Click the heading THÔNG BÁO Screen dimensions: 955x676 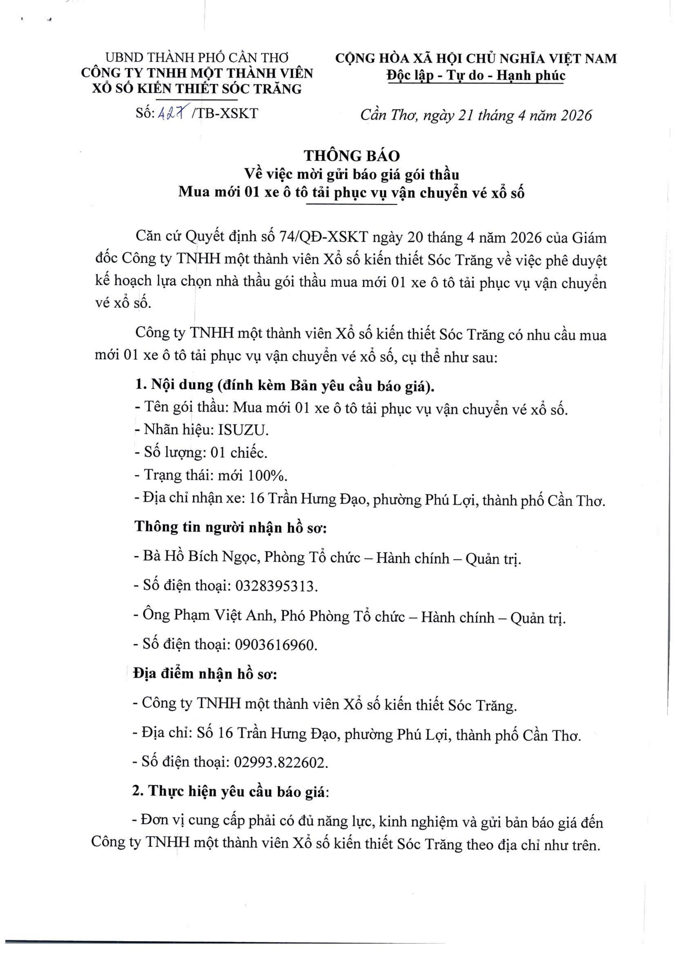tap(352, 156)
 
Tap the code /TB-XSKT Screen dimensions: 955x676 tap(225, 114)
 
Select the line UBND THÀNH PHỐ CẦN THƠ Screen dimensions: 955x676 tap(197, 57)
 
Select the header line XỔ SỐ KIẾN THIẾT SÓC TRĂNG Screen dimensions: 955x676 tap(197, 89)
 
